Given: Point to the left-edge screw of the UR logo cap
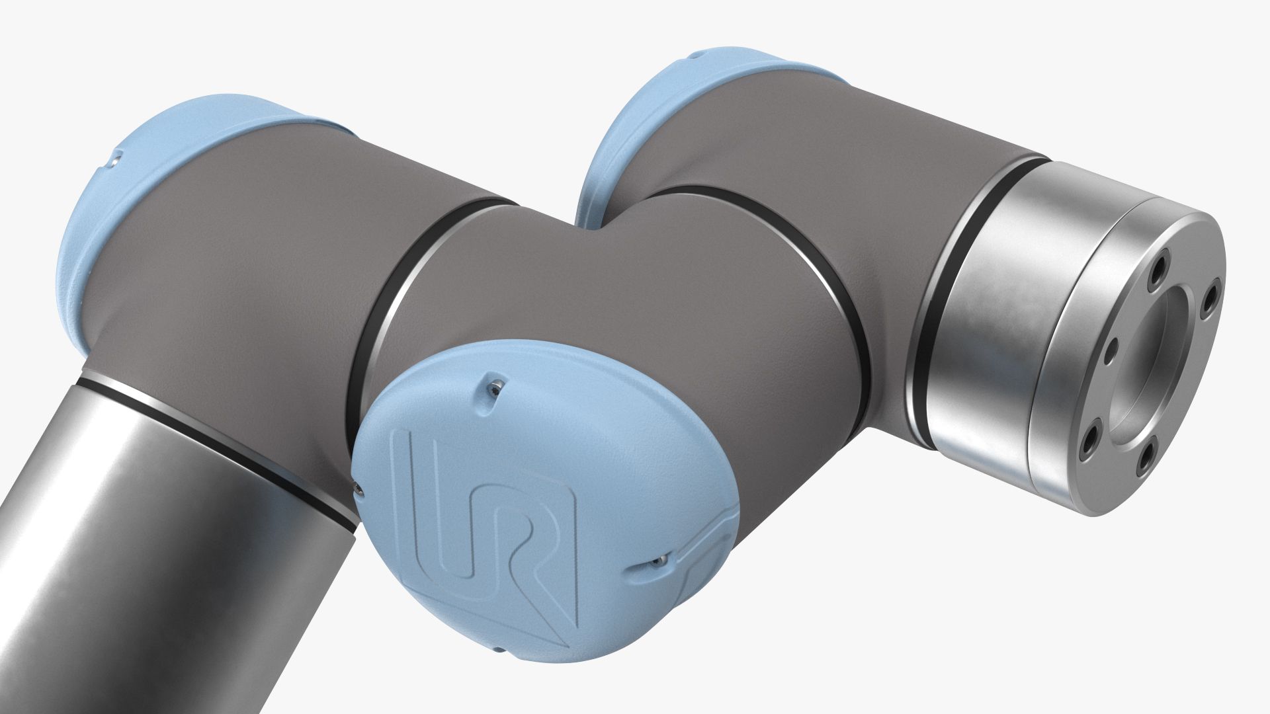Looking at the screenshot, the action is [x=359, y=489].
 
